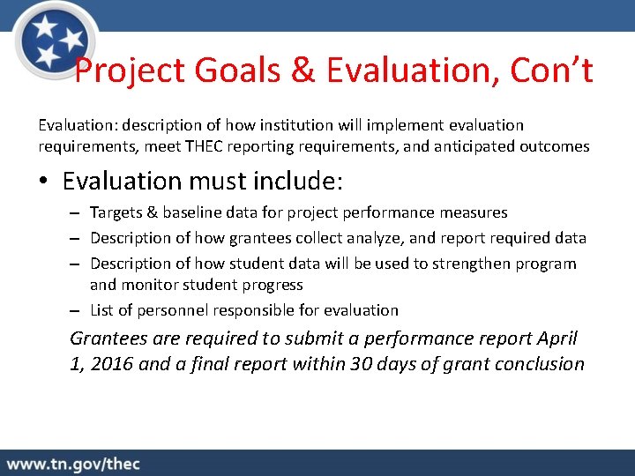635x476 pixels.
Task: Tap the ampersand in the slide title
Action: coord(303,71)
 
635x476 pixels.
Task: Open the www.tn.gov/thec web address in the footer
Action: coord(73,464)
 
